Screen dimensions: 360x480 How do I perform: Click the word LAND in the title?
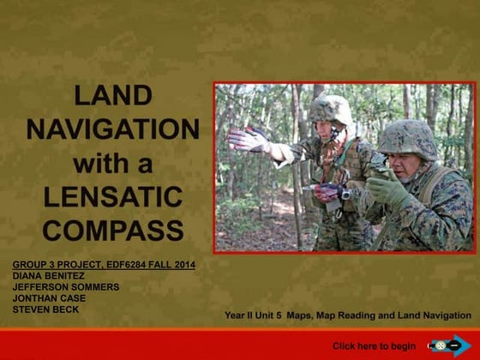(112, 95)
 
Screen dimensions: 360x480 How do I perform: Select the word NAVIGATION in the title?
(112, 129)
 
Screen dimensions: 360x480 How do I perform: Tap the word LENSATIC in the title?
(112, 196)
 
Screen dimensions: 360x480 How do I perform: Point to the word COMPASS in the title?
(112, 230)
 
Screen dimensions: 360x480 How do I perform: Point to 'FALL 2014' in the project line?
(169, 265)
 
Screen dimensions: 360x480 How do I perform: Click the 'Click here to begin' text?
(374, 346)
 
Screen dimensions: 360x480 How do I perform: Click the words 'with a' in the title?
(112, 163)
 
